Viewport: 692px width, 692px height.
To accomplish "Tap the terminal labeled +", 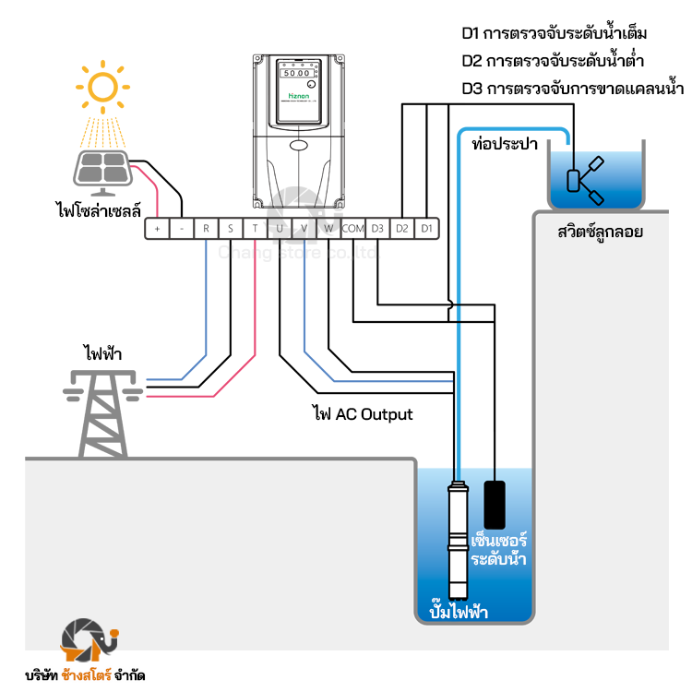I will coord(157,228).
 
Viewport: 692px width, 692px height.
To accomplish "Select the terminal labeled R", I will coord(206,228).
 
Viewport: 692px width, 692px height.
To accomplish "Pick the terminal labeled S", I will coord(230,228).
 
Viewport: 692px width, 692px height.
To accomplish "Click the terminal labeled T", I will coord(255,228).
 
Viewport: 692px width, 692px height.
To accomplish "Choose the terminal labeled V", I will coord(304,228).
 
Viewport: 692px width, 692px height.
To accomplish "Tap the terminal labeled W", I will coord(328,228).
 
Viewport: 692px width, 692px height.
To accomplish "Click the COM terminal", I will coord(353,228).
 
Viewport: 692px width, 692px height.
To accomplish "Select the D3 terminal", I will coord(377,228).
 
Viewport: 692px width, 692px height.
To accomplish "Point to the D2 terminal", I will coord(401,228).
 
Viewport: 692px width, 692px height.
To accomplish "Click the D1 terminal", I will coord(426,228).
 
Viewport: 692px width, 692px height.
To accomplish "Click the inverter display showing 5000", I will coord(295,72).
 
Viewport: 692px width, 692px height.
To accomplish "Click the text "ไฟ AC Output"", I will coord(363,414).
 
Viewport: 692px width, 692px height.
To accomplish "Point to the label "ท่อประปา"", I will coord(505,145).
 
